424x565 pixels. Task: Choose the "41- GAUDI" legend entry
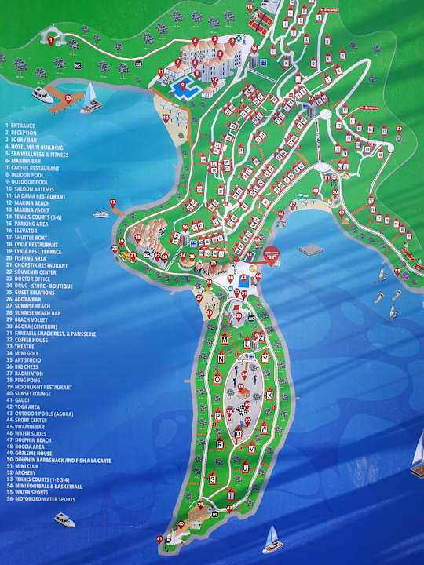(19, 400)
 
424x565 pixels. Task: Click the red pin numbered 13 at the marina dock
(68, 98)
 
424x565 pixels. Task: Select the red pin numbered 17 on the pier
(113, 203)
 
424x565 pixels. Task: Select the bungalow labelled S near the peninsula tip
(212, 479)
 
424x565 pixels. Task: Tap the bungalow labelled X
(269, 395)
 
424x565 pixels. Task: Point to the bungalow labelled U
(246, 468)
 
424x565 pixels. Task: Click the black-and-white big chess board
(243, 409)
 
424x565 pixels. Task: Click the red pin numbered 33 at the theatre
(239, 316)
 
